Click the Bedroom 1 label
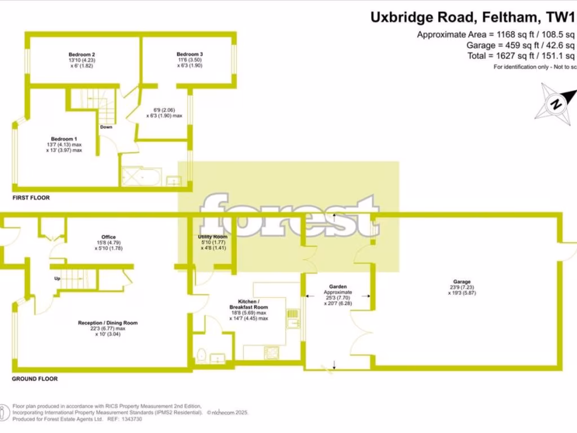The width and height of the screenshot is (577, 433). pos(64,139)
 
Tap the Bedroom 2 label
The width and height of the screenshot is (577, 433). pos(81,55)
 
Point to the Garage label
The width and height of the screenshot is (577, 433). pos(461,281)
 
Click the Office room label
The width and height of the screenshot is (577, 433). pos(109,237)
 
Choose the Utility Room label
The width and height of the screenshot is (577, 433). pos(212,237)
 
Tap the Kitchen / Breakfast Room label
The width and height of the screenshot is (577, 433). pos(248,303)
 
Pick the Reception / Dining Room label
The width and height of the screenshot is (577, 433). pos(108,323)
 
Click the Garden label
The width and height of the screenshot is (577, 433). pos(338,287)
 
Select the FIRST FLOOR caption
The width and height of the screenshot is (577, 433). pos(31,198)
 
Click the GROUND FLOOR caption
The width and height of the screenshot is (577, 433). pos(35,379)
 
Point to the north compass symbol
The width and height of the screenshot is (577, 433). pos(557,103)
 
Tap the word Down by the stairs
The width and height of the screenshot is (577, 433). pos(106,127)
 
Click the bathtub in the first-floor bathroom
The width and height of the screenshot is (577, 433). pos(141,178)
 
